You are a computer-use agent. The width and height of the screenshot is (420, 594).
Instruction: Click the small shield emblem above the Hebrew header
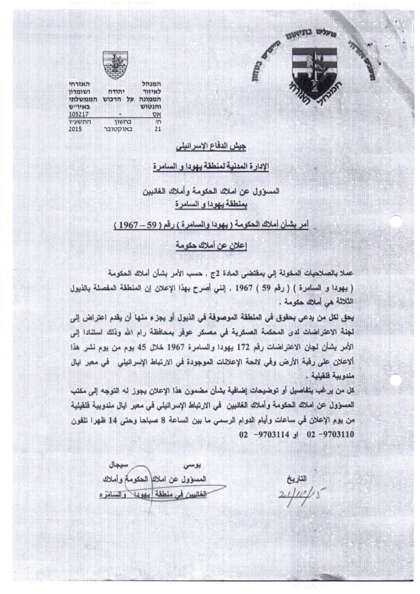(x=115, y=64)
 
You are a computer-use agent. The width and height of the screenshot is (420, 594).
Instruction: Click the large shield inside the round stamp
(x=314, y=73)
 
